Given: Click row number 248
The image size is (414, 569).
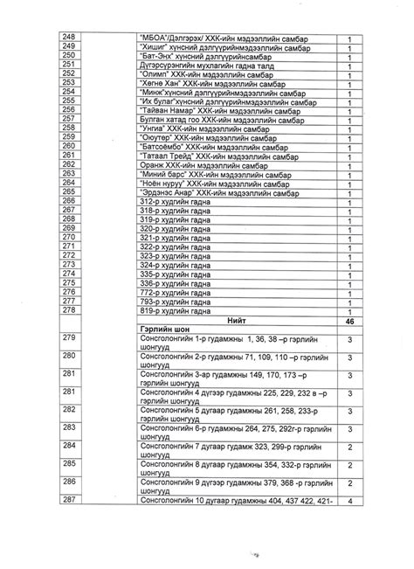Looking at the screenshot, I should tap(70, 38).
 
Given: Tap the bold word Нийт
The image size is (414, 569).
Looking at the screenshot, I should tap(236, 321).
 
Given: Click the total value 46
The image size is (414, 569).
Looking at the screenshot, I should tap(348, 321).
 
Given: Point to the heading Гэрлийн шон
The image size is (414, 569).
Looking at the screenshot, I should tap(167, 330).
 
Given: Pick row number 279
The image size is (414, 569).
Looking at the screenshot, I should tap(70, 339).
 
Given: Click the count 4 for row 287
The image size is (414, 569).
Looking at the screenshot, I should tap(348, 501).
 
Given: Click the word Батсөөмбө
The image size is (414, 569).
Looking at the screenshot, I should tap(166, 146).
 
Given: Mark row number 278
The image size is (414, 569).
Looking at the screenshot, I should tap(70, 310).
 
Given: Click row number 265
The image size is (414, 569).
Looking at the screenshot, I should tap(70, 191).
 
